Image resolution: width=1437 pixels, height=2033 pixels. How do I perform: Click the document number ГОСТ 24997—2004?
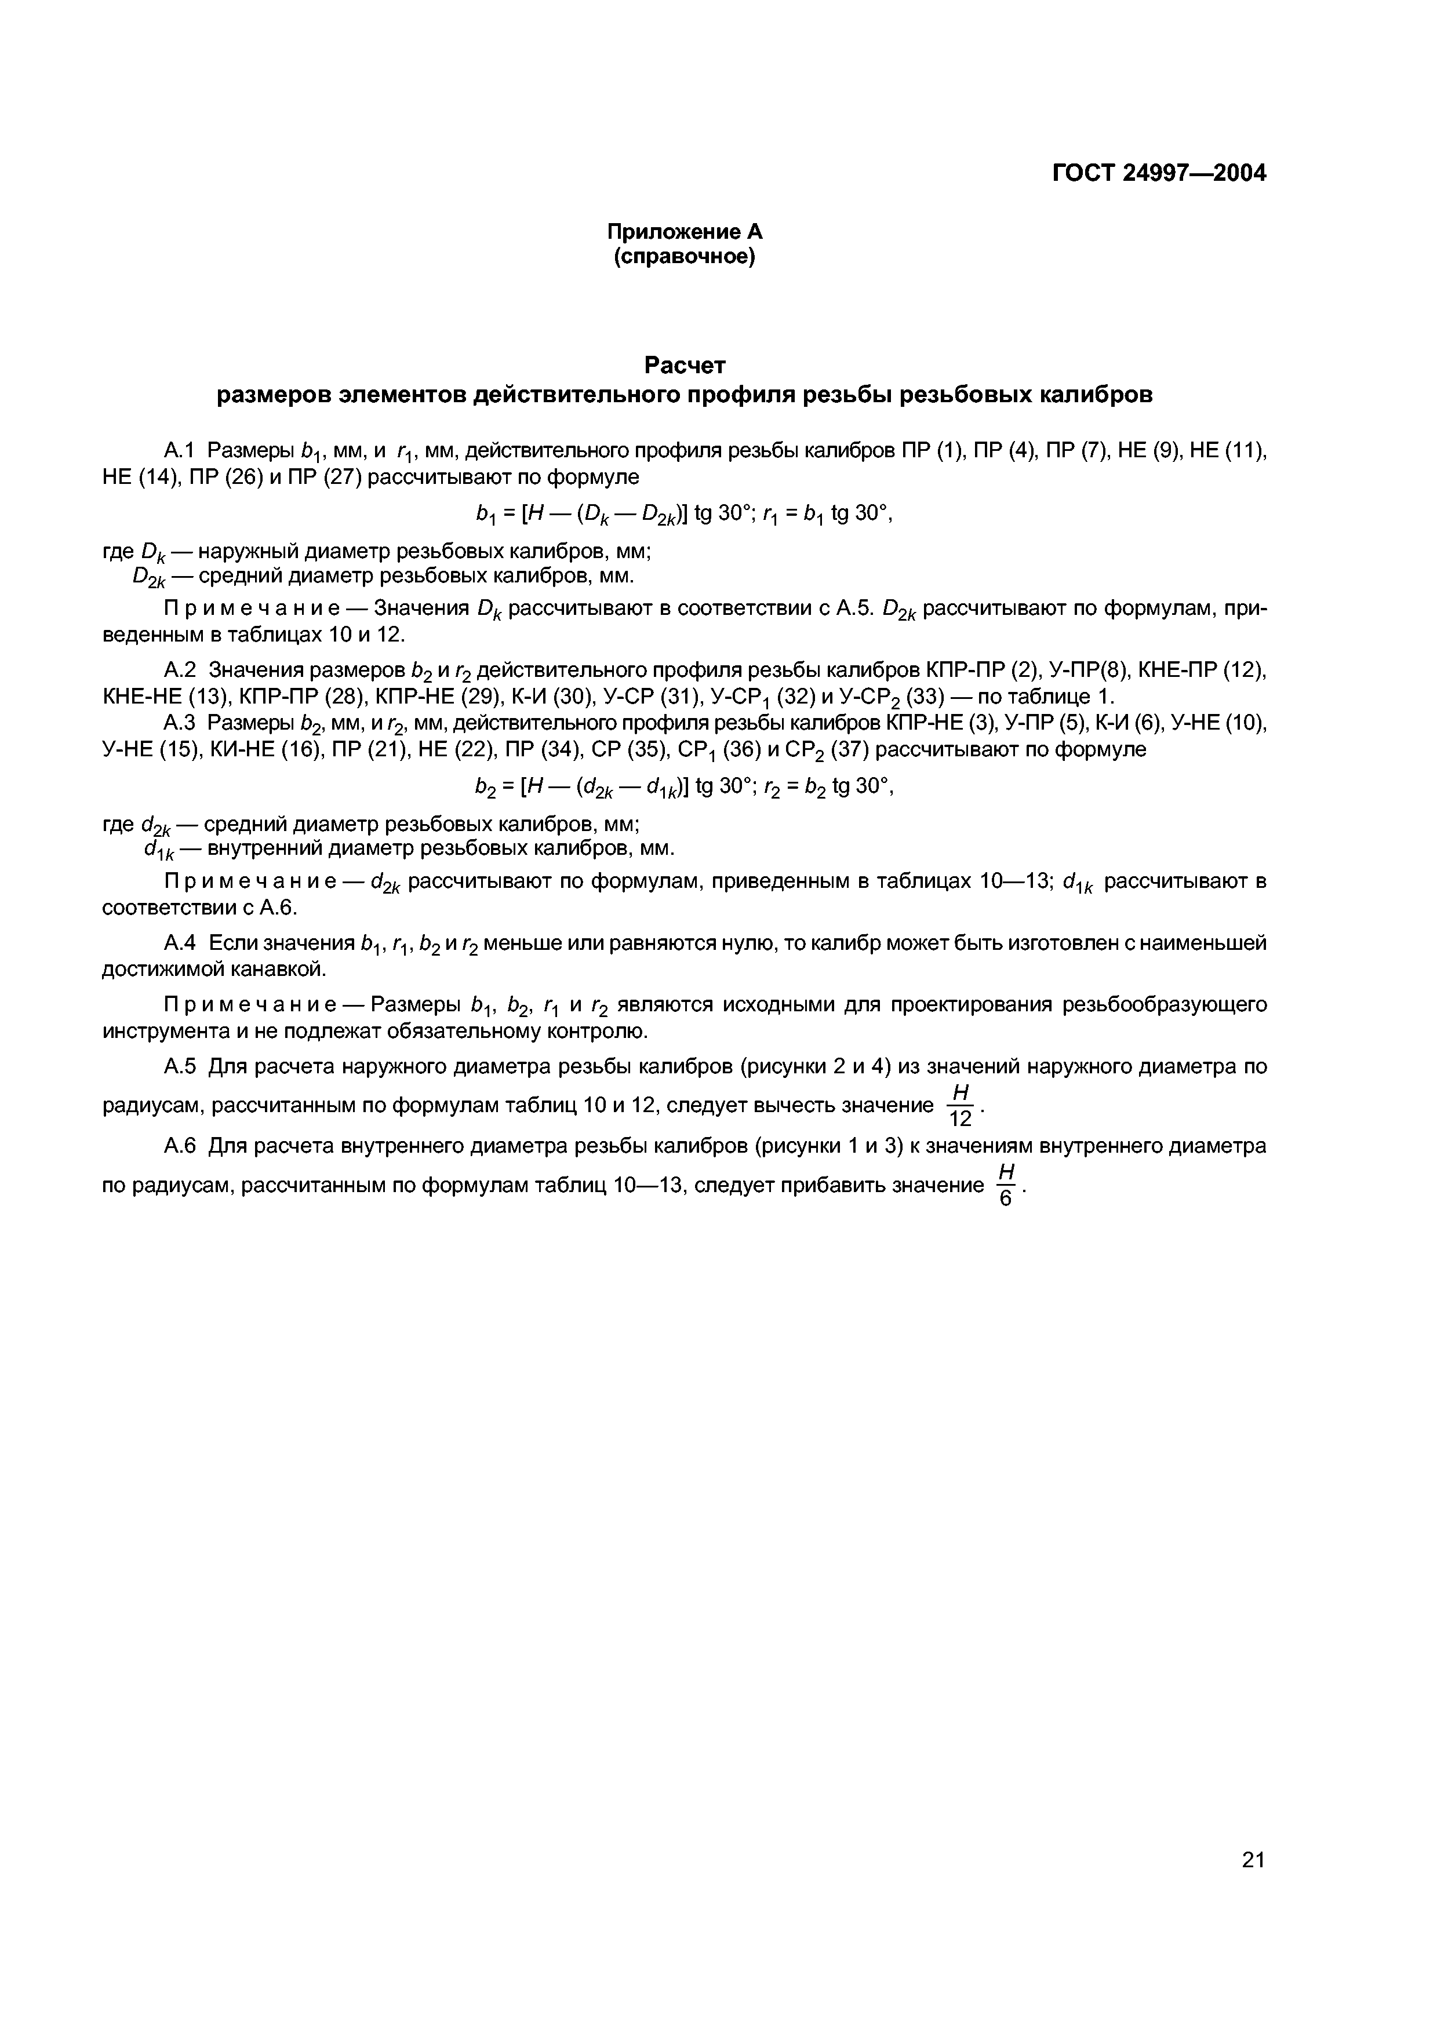pos(1158,173)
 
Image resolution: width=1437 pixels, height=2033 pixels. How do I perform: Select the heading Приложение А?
pos(685,232)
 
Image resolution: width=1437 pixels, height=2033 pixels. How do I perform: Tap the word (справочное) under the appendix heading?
pos(685,258)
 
